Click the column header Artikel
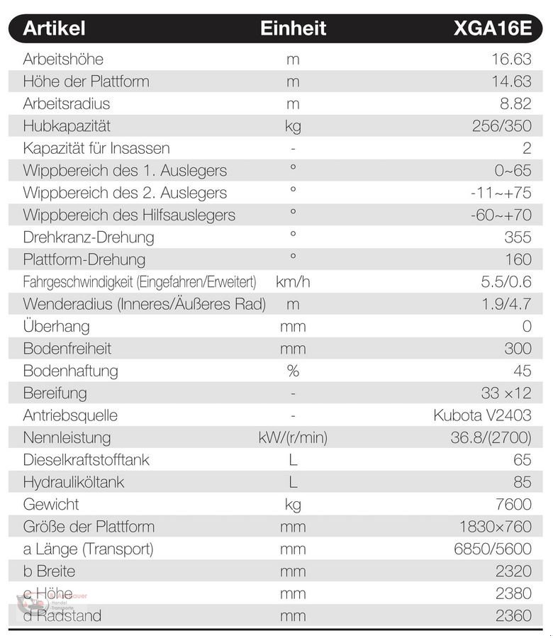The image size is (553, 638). click(x=54, y=28)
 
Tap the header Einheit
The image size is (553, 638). click(x=293, y=28)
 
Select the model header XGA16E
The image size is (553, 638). click(x=492, y=28)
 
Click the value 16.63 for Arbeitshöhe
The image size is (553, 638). click(x=511, y=59)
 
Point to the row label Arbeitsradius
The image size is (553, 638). click(x=67, y=103)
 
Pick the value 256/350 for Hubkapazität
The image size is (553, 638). click(x=501, y=126)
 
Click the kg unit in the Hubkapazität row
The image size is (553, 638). click(x=293, y=126)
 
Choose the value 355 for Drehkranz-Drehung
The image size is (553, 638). click(x=518, y=237)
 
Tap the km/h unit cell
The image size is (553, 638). click(x=293, y=282)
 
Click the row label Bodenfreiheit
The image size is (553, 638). click(x=67, y=349)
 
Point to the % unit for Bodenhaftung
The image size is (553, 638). click(x=293, y=371)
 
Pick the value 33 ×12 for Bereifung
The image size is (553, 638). click(x=505, y=393)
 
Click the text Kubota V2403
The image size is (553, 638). click(x=482, y=415)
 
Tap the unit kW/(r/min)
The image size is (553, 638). click(x=293, y=438)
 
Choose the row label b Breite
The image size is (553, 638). click(x=49, y=571)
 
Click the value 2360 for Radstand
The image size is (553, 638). click(x=514, y=616)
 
